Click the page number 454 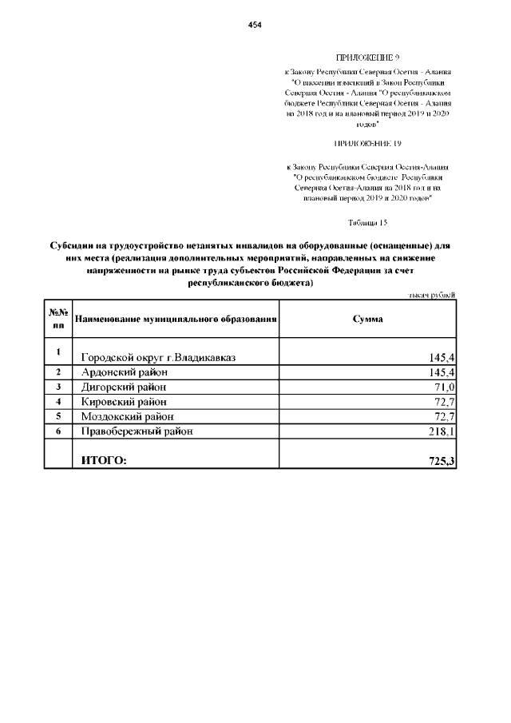[x=255, y=26]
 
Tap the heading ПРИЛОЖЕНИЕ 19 [x=368, y=144]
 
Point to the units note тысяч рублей [x=432, y=296]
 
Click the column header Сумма [x=367, y=319]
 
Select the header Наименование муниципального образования [x=176, y=320]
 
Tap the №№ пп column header [x=58, y=320]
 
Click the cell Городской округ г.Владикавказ [x=158, y=356]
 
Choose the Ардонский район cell [x=124, y=373]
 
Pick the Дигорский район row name [x=125, y=387]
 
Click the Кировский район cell [x=124, y=402]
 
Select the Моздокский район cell [x=127, y=416]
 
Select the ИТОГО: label [x=103, y=460]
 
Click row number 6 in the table [x=58, y=431]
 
